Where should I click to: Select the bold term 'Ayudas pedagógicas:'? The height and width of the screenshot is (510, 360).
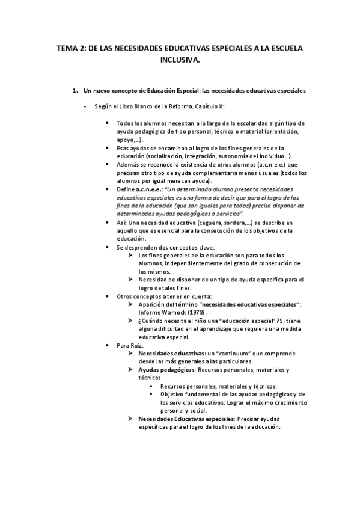[x=163, y=370]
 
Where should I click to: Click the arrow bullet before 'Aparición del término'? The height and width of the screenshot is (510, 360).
[x=130, y=304]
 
